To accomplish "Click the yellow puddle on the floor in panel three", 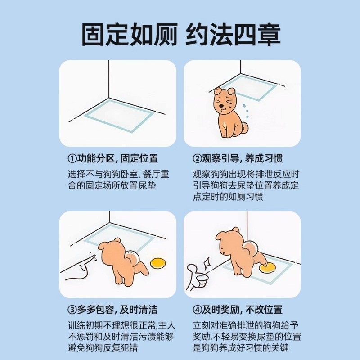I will tap(158, 263).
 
